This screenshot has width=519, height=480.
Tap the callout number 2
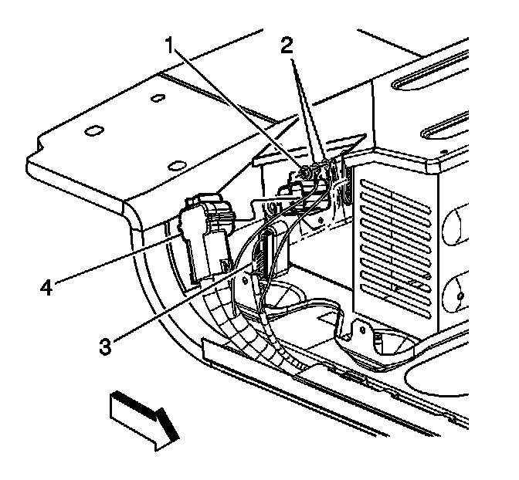(x=287, y=44)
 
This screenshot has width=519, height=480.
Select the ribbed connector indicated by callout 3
(x=266, y=250)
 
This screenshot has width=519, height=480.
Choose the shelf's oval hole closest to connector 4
(x=176, y=164)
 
